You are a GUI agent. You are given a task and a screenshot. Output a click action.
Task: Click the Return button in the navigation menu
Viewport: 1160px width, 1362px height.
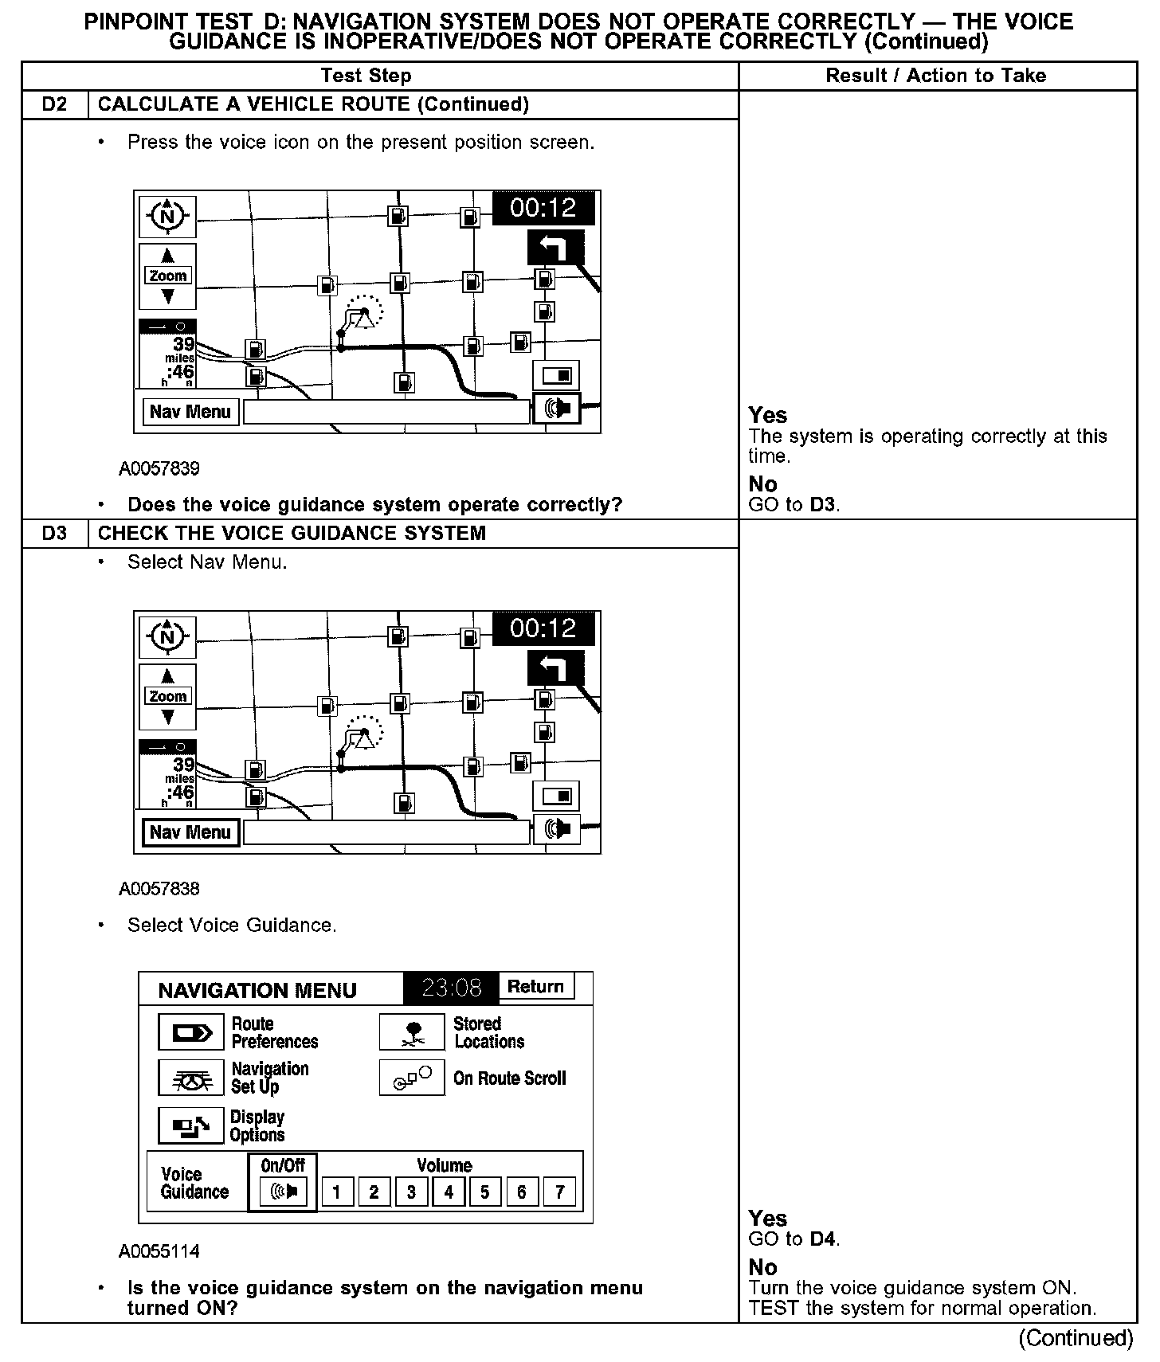pyautogui.click(x=535, y=988)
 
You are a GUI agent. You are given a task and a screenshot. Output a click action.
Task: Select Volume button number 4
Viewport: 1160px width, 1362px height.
pyautogui.click(x=449, y=1192)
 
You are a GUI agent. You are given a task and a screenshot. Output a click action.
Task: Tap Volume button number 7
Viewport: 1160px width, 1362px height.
pyautogui.click(x=559, y=1192)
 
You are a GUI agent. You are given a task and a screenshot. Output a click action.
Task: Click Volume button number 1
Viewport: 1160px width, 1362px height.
pyautogui.click(x=337, y=1192)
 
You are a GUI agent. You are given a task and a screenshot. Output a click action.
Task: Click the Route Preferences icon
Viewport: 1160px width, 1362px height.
pyautogui.click(x=191, y=1033)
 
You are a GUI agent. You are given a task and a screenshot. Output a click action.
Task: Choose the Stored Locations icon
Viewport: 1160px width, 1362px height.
pyautogui.click(x=412, y=1032)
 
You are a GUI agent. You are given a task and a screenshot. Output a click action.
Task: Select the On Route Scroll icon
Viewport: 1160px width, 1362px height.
pyautogui.click(x=412, y=1078)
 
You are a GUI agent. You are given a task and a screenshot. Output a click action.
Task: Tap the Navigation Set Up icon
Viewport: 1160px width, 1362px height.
pyautogui.click(x=191, y=1078)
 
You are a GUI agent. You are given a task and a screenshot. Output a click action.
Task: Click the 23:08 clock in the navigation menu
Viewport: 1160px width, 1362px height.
pyautogui.click(x=451, y=988)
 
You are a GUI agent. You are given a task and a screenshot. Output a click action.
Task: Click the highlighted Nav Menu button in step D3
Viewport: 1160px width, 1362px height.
pyautogui.click(x=190, y=832)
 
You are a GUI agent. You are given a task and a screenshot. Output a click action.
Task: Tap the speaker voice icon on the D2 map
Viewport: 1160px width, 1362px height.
pyautogui.click(x=557, y=409)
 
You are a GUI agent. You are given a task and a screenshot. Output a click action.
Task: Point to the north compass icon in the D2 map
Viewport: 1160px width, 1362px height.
pyautogui.click(x=167, y=216)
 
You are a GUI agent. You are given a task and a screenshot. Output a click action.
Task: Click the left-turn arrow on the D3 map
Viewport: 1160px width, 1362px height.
pyautogui.click(x=555, y=667)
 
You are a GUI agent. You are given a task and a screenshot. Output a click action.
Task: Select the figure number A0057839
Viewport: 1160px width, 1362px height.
pyautogui.click(x=159, y=468)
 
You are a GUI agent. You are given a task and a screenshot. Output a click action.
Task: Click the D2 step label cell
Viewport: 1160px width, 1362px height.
pyautogui.click(x=54, y=104)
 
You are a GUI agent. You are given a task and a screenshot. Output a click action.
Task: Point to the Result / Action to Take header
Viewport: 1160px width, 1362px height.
pyautogui.click(x=936, y=76)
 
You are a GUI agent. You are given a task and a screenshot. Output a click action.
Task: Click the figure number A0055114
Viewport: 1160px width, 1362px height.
pyautogui.click(x=159, y=1251)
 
